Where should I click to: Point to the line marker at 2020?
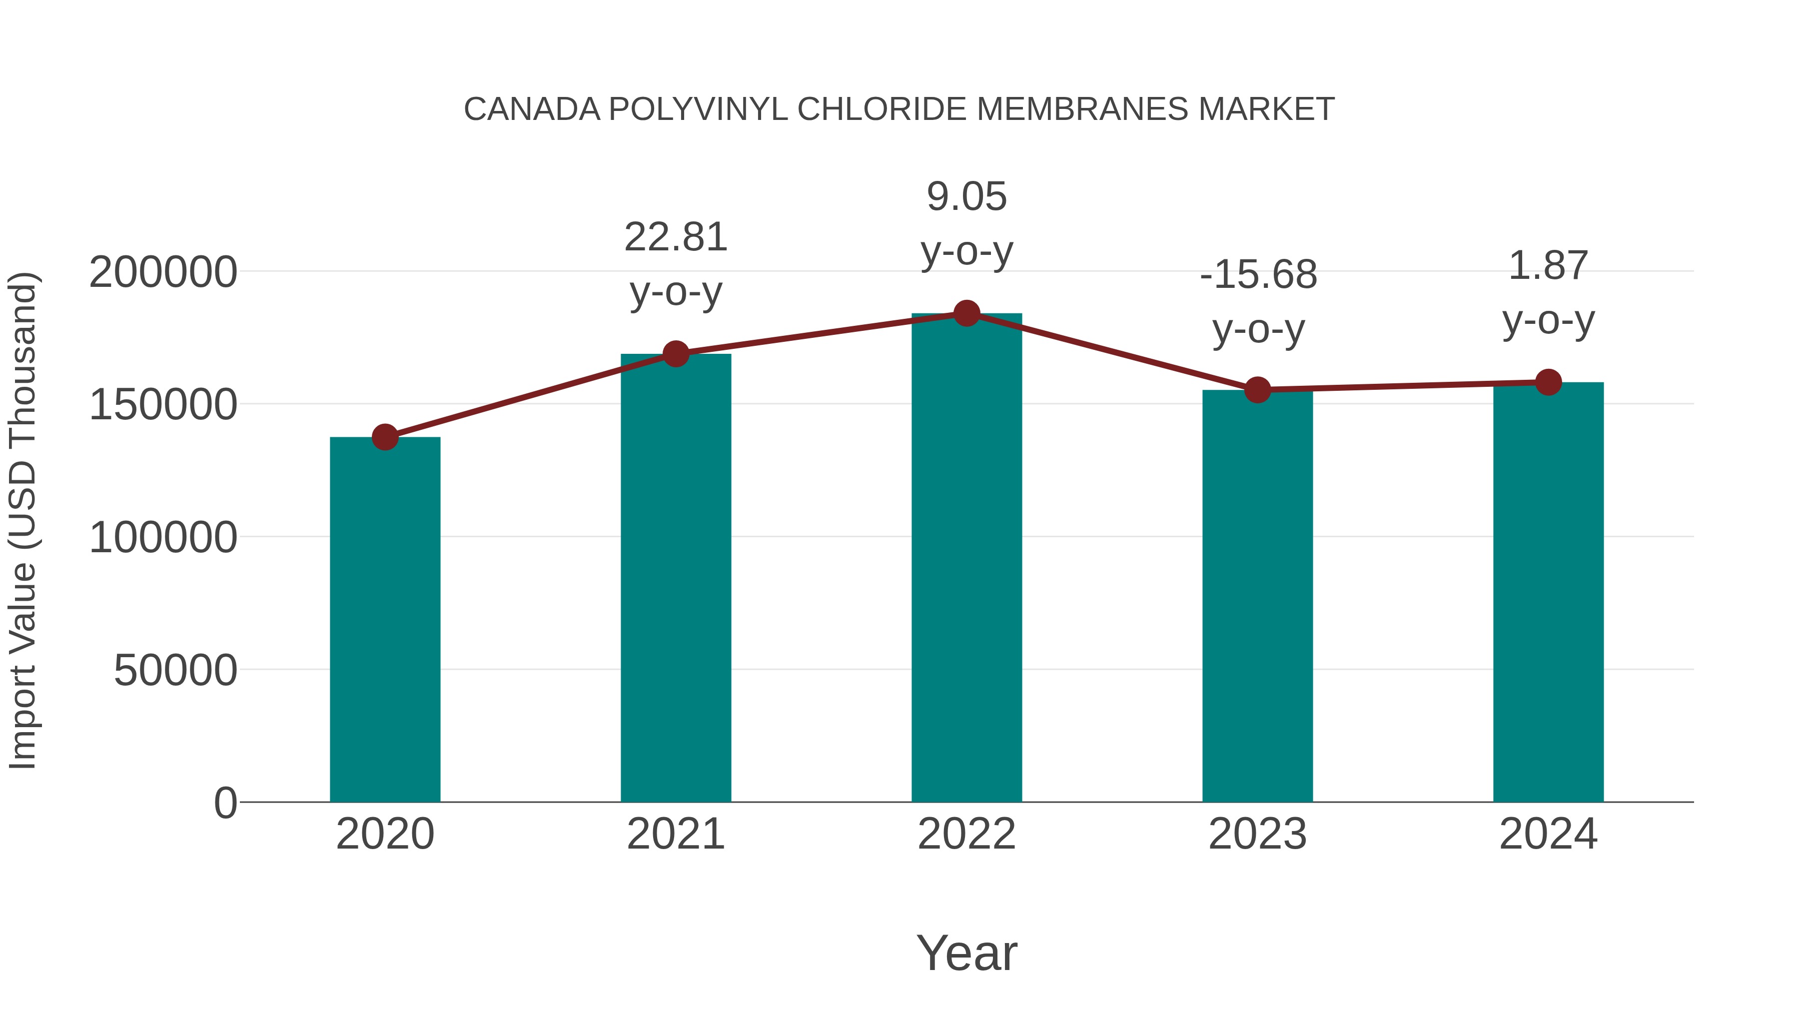click(385, 437)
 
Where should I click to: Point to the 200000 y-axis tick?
click(163, 272)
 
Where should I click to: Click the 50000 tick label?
click(175, 671)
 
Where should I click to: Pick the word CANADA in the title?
click(532, 109)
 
